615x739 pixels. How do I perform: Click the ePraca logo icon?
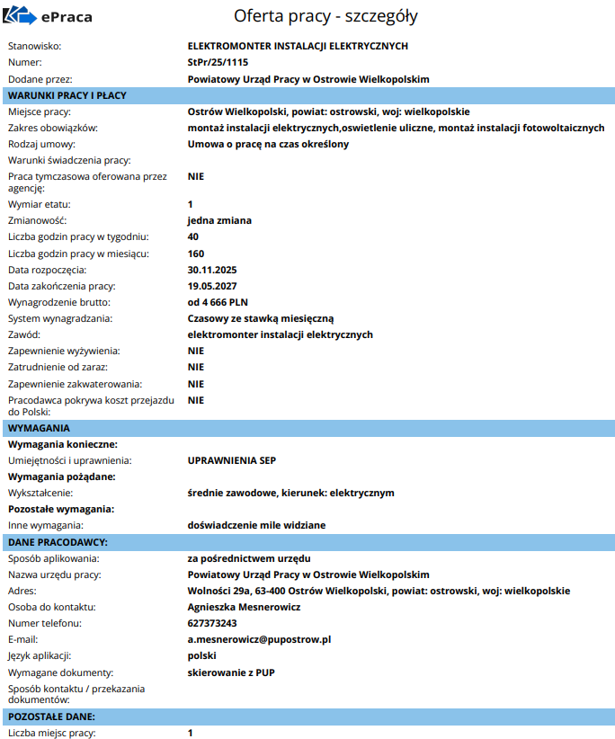tap(21, 16)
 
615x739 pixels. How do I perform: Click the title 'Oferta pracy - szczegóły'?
tap(325, 16)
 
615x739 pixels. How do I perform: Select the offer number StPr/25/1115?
tap(218, 62)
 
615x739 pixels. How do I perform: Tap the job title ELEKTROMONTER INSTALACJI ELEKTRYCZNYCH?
tap(298, 45)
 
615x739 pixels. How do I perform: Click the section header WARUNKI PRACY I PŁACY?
tap(67, 95)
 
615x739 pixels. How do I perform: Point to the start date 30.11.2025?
tap(212, 270)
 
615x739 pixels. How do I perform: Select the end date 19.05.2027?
tap(212, 286)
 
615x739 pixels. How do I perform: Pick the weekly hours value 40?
tap(193, 236)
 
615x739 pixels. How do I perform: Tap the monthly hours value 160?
tap(196, 254)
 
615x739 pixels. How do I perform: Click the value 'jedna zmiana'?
tap(219, 220)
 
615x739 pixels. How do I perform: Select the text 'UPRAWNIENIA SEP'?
tap(232, 460)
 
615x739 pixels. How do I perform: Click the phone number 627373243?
tap(212, 623)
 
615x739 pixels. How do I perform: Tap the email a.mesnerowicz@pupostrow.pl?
tap(260, 639)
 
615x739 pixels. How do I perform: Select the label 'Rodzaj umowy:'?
tap(41, 144)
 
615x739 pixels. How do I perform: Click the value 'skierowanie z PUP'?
tap(230, 672)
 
